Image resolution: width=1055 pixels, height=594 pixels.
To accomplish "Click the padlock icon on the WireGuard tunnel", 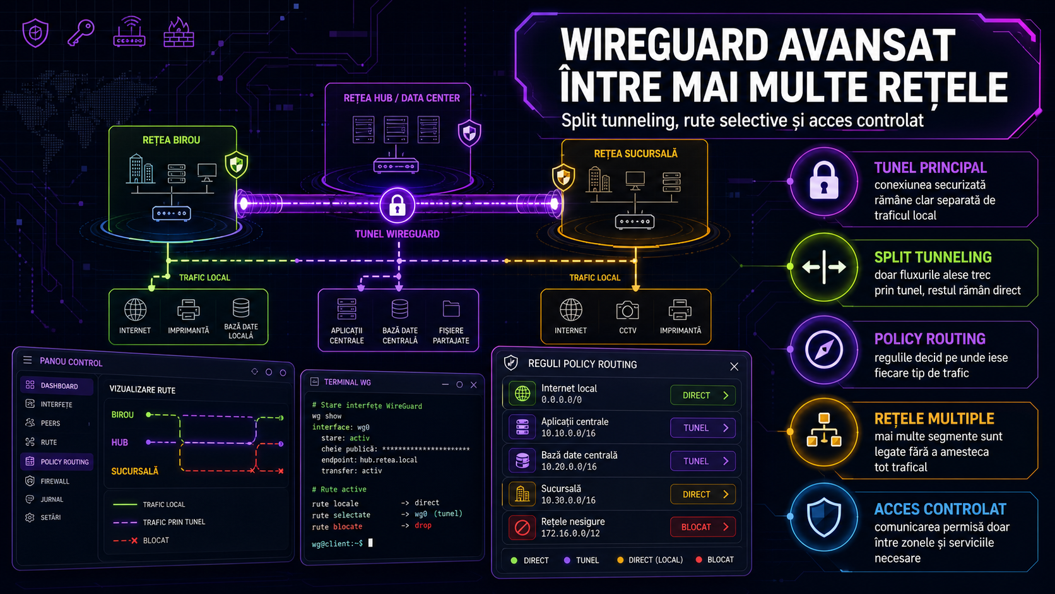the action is (397, 205).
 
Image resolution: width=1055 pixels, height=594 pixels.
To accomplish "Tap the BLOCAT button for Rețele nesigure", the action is (703, 527).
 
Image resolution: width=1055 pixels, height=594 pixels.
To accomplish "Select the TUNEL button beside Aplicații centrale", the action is (703, 428).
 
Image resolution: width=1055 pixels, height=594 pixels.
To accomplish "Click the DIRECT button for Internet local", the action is (703, 395).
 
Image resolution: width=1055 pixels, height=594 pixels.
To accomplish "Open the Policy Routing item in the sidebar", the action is (57, 461).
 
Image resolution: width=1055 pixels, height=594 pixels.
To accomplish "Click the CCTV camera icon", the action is (627, 311).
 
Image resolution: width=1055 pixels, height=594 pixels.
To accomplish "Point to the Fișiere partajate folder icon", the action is (451, 309).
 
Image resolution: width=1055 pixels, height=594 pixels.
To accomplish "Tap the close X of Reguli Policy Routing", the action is (734, 367).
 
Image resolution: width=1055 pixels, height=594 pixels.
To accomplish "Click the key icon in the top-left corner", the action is (81, 33).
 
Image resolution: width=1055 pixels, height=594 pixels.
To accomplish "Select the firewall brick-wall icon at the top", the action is (179, 32).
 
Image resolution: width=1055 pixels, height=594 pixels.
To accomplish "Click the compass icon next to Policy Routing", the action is (824, 350).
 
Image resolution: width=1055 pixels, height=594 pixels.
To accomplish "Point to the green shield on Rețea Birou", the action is (237, 164).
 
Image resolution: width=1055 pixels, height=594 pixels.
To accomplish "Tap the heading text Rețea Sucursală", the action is (635, 153).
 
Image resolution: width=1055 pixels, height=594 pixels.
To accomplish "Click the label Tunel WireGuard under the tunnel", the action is (397, 234).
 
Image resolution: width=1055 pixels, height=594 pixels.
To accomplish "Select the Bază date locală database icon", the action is (240, 308).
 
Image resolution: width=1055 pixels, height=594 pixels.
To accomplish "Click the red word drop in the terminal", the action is (423, 525).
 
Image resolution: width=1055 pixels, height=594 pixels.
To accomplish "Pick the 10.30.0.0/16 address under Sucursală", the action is (569, 500).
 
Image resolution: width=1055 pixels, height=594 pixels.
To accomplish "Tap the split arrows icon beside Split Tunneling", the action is (824, 267).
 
